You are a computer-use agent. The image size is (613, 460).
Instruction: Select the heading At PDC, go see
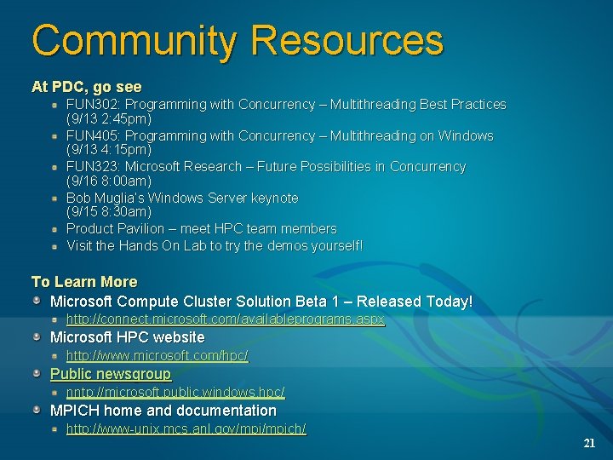[x=87, y=87]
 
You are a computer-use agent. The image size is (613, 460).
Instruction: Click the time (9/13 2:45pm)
[x=109, y=119]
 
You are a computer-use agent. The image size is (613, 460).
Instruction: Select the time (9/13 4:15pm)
[x=109, y=150]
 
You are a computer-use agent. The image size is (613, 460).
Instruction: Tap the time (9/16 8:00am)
[x=109, y=181]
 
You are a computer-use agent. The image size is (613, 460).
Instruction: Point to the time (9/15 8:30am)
[x=109, y=211]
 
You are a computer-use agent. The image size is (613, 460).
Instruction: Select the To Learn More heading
[x=84, y=282]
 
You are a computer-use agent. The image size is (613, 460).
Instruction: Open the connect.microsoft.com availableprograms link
[x=226, y=319]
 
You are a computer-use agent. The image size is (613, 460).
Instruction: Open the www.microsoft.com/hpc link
[x=158, y=356]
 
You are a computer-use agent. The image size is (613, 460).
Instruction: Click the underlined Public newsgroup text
[x=111, y=374]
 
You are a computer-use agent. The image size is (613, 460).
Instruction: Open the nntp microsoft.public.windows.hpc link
[x=175, y=393]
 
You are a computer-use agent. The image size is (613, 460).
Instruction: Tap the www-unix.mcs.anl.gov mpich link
[x=186, y=429]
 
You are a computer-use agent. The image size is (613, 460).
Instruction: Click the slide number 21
[x=589, y=444]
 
